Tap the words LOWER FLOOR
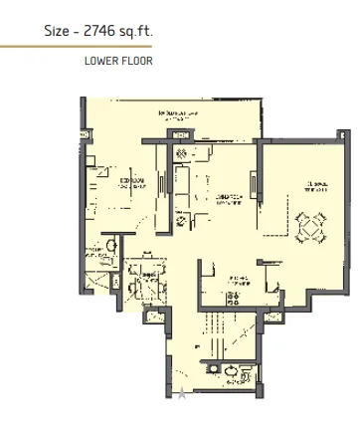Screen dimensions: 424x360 click(x=117, y=61)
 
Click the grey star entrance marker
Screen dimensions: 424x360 click(x=181, y=394)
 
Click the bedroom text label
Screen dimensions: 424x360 click(x=131, y=181)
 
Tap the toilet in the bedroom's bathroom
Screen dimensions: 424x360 click(x=111, y=243)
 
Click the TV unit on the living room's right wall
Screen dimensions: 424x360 click(x=253, y=184)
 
